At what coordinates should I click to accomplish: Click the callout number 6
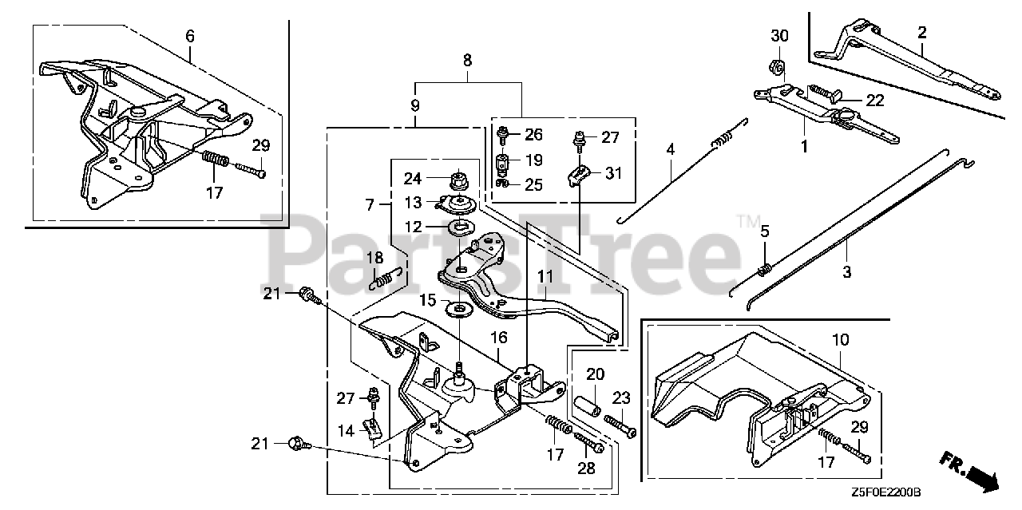(189, 36)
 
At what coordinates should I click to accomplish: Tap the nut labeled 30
(779, 65)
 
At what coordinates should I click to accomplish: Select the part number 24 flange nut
(460, 178)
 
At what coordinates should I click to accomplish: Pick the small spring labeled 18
(383, 278)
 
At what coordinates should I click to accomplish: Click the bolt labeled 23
(620, 421)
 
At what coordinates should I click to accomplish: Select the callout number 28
(587, 468)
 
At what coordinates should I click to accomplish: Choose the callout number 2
(922, 33)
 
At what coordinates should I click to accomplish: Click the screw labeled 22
(822, 94)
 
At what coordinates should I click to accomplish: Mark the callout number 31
(613, 173)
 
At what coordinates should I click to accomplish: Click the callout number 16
(498, 338)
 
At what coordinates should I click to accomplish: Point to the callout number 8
(468, 60)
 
